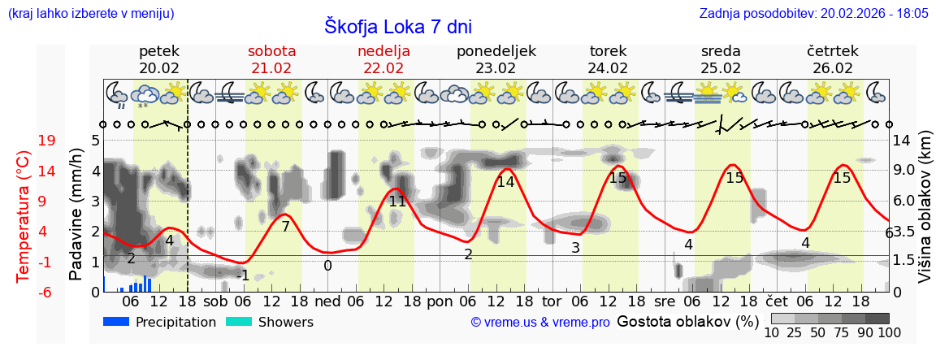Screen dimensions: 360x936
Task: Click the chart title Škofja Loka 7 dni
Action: pyautogui.click(x=397, y=26)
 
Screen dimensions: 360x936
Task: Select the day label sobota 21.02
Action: pyautogui.click(x=271, y=59)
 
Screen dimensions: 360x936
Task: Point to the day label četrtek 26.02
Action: pyautogui.click(x=833, y=59)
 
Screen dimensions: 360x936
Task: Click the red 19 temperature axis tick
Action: pyautogui.click(x=47, y=141)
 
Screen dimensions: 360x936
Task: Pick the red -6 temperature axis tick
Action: pyautogui.click(x=47, y=292)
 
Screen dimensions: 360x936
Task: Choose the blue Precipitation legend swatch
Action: pyautogui.click(x=117, y=322)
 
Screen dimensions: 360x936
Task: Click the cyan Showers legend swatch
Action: pyautogui.click(x=239, y=322)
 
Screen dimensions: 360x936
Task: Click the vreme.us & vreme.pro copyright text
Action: pyautogui.click(x=540, y=323)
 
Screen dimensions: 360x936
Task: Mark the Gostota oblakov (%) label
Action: pyautogui.click(x=687, y=322)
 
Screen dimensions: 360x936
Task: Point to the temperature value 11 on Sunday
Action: pyautogui.click(x=397, y=201)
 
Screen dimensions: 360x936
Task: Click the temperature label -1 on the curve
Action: pyautogui.click(x=243, y=275)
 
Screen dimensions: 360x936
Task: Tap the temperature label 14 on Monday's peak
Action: pyautogui.click(x=505, y=182)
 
